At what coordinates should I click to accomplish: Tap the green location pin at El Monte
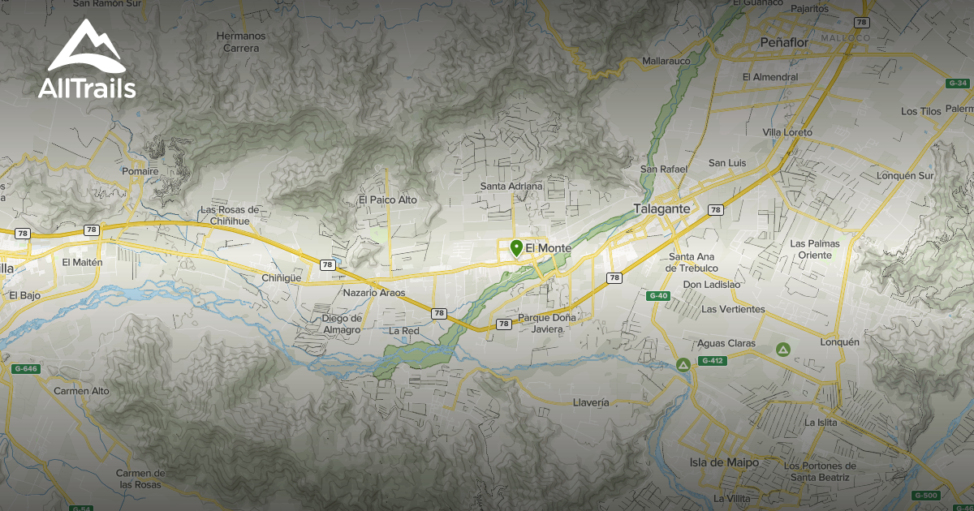(x=516, y=248)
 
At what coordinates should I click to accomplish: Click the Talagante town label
(x=662, y=208)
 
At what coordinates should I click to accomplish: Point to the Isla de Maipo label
(x=724, y=462)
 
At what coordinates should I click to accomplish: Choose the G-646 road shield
(x=25, y=369)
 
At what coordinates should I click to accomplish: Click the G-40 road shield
(x=658, y=296)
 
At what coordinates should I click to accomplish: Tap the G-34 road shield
(x=958, y=84)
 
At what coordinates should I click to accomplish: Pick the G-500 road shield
(x=924, y=495)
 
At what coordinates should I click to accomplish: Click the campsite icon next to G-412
(x=684, y=365)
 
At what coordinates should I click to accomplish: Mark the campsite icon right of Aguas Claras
(x=782, y=350)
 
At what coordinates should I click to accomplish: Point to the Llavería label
(x=590, y=402)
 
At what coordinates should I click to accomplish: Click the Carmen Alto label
(x=81, y=391)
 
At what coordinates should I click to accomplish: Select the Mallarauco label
(x=666, y=61)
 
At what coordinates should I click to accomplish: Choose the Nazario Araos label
(x=374, y=293)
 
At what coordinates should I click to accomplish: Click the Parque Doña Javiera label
(x=547, y=323)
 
